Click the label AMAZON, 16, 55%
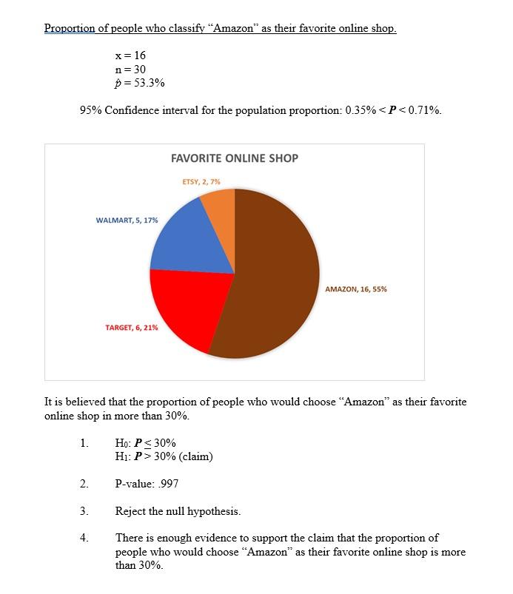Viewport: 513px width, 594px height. pyautogui.click(x=355, y=289)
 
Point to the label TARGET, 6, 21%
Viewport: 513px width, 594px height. pyautogui.click(x=131, y=327)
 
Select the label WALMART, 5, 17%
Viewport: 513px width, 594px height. pyautogui.click(x=127, y=220)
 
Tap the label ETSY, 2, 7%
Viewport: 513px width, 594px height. pyautogui.click(x=201, y=181)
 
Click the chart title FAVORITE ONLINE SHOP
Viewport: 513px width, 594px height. pyautogui.click(x=234, y=158)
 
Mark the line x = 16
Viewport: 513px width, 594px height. pyautogui.click(x=130, y=55)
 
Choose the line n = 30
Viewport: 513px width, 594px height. pyautogui.click(x=130, y=69)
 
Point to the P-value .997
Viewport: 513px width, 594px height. pyautogui.click(x=147, y=485)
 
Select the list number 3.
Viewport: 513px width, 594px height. pyautogui.click(x=84, y=511)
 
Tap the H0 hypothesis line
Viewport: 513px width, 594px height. pyautogui.click(x=145, y=443)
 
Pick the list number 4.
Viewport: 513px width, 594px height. pyautogui.click(x=84, y=538)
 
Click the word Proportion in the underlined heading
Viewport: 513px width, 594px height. pyautogui.click(x=70, y=29)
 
